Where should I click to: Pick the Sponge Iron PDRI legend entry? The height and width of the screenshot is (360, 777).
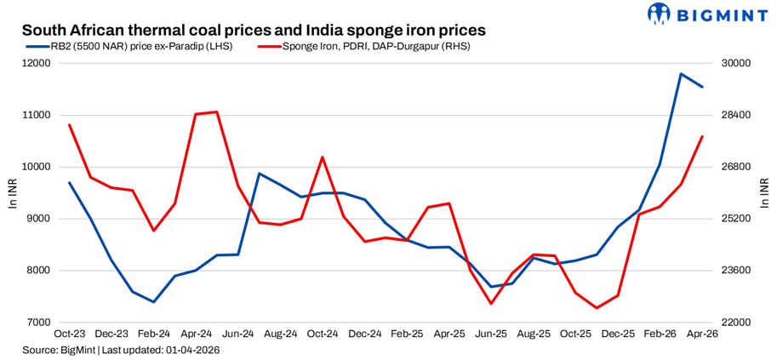363,46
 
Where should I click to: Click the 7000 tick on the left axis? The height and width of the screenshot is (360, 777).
37,323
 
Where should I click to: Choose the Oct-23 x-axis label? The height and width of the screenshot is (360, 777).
70,335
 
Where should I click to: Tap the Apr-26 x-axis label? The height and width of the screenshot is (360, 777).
702,335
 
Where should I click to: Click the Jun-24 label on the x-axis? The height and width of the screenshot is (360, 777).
238,335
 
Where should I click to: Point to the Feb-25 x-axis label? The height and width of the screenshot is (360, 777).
407,335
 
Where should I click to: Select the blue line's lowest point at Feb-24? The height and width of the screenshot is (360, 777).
154,302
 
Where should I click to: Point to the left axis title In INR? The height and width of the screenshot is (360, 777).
12,193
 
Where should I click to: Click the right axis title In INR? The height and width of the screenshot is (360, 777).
763,193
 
